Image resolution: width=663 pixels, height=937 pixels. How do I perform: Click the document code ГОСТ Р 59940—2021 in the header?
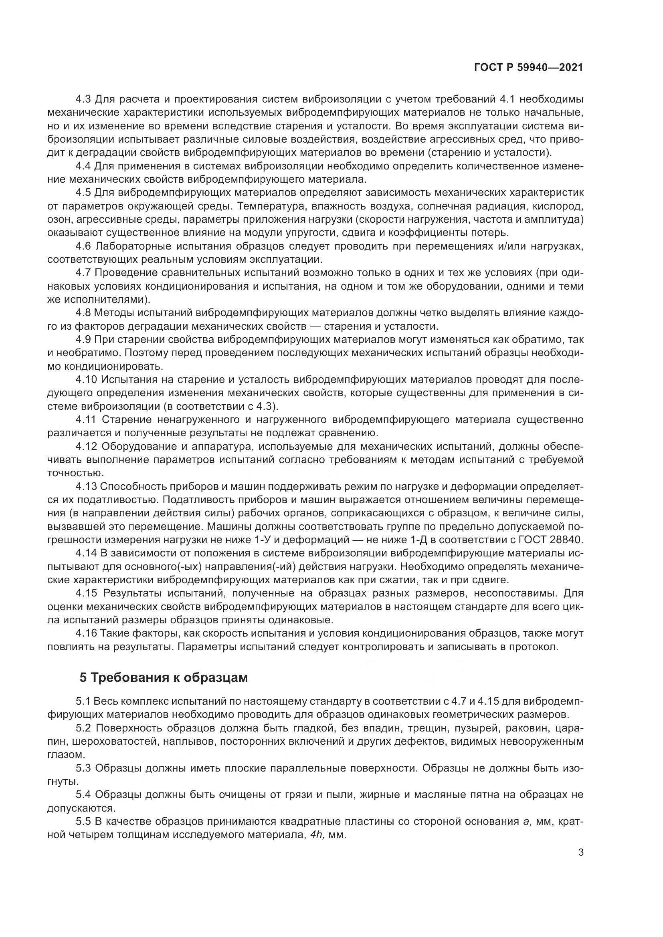pos(528,68)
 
